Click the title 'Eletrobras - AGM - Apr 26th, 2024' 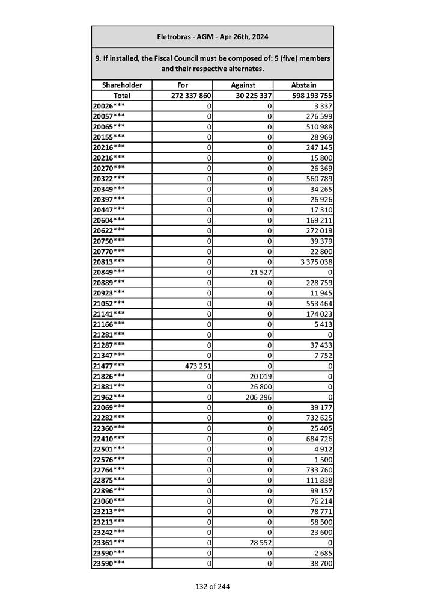pyautogui.click(x=212, y=37)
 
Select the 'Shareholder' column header pyautogui.click(x=122, y=85)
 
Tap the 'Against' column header pyautogui.click(x=243, y=85)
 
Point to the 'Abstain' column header pyautogui.click(x=303, y=85)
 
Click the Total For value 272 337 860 pyautogui.click(x=190, y=96)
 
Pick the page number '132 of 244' pyautogui.click(x=212, y=586)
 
